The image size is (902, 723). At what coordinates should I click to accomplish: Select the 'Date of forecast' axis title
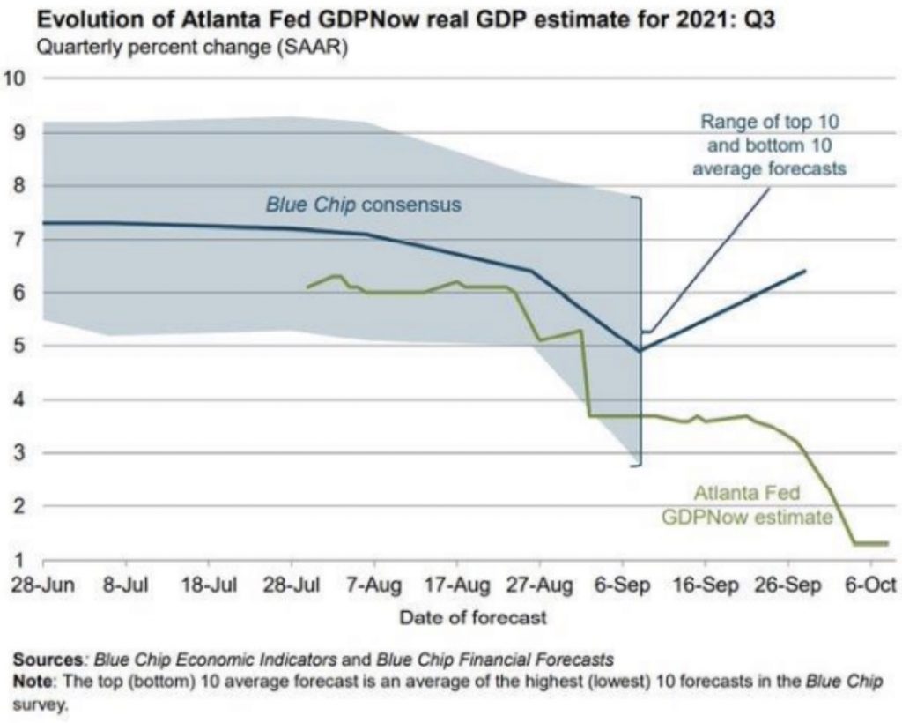click(473, 617)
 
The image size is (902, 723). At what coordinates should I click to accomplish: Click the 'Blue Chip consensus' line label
click(364, 205)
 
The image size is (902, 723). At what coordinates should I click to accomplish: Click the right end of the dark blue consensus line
click(805, 271)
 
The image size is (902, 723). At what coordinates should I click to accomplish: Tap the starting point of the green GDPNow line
click(307, 287)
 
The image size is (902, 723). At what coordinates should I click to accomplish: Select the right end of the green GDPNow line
click(887, 543)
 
